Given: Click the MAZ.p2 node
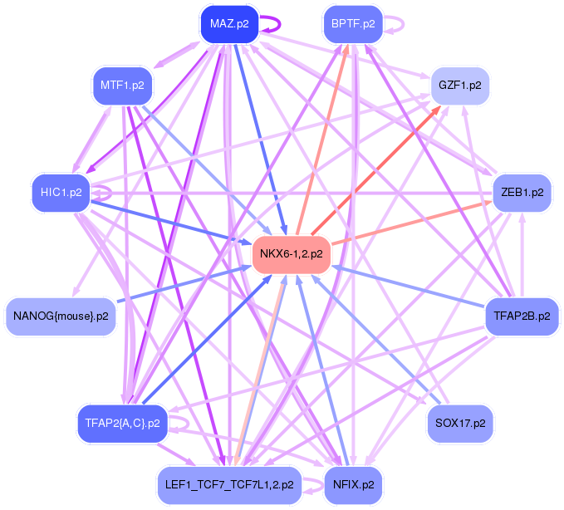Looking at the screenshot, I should [x=229, y=24].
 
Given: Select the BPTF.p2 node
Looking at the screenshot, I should [x=353, y=24].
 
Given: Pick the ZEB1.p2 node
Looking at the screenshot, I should [x=522, y=192].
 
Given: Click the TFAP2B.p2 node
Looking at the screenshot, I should [x=522, y=316].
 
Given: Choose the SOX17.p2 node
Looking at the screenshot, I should [x=459, y=423].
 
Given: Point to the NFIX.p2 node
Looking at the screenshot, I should [x=353, y=484].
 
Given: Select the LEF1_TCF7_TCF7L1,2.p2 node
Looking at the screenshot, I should [x=228, y=484].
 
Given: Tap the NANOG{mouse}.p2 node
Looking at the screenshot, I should [x=61, y=316].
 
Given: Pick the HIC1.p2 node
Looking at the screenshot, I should [x=61, y=193].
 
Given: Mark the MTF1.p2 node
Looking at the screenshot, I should [x=122, y=85].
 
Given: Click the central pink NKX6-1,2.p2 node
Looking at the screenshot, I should [x=291, y=253].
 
